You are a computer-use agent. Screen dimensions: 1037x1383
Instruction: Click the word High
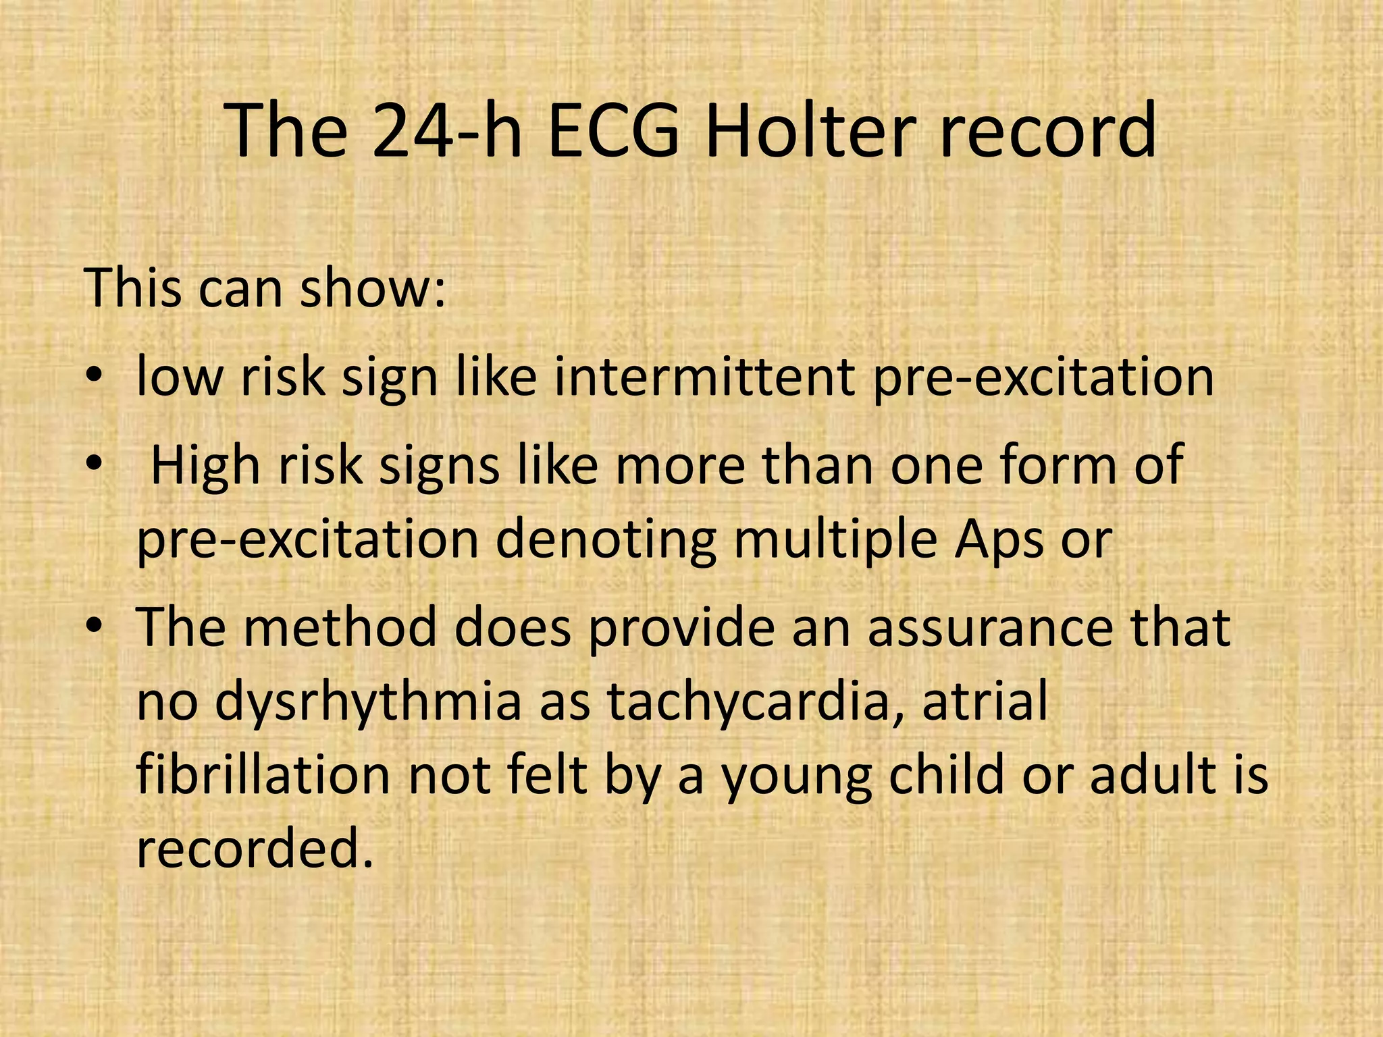(205, 466)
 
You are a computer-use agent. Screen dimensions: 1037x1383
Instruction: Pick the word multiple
(835, 540)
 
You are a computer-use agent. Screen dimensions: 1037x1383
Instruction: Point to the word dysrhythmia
(369, 702)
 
